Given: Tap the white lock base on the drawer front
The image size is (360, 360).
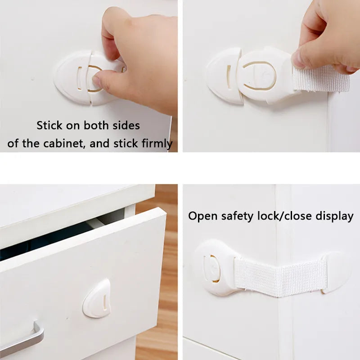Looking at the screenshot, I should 97,298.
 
